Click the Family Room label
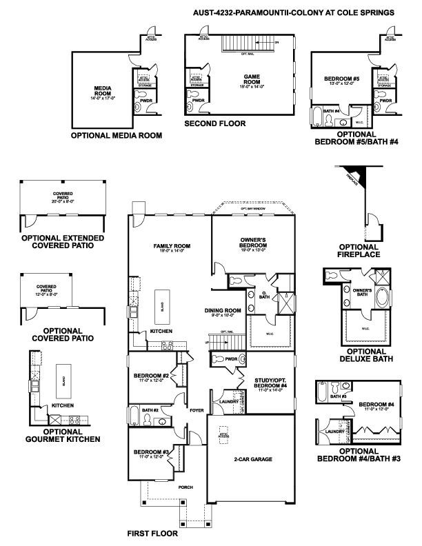[x=171, y=246]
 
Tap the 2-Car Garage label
[x=251, y=458]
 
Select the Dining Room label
[x=223, y=311]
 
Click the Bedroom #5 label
[x=342, y=79]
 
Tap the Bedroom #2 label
[x=150, y=376]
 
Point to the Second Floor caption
[x=214, y=123]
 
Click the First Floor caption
[x=152, y=534]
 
